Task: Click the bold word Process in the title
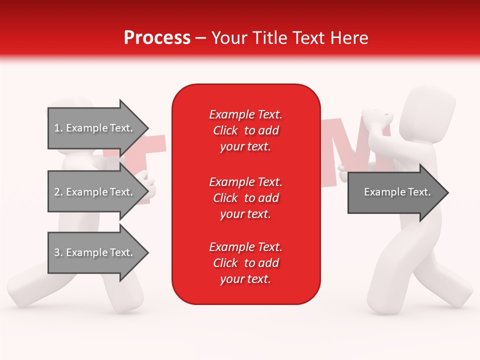[157, 37]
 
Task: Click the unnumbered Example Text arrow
[395, 192]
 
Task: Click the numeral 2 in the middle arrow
[56, 192]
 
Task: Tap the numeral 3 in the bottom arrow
[56, 252]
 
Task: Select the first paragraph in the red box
[245, 130]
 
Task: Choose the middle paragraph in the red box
[245, 198]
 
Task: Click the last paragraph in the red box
[245, 263]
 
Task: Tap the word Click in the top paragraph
[225, 130]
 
